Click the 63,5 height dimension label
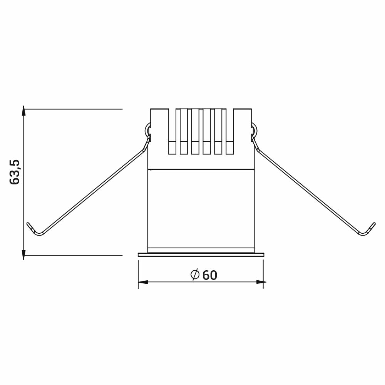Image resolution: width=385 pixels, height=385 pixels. pos(15,172)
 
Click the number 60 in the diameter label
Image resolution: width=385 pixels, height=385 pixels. pos(210,275)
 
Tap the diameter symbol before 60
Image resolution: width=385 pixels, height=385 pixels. pos(195,275)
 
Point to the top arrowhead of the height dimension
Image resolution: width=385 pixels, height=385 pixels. pos(23,110)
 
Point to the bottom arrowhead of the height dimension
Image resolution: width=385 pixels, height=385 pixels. pos(23,254)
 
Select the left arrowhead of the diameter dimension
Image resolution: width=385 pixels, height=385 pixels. pos(143,282)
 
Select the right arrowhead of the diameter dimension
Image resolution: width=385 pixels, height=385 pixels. pos(261,282)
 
